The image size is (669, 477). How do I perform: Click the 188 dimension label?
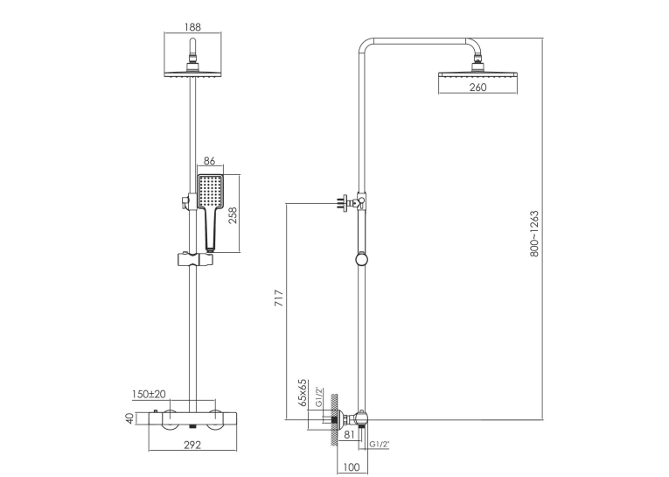click(x=192, y=27)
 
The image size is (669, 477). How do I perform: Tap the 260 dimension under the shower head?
click(x=477, y=88)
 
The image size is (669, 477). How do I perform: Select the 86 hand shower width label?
click(x=209, y=161)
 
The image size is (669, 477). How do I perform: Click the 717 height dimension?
click(x=279, y=298)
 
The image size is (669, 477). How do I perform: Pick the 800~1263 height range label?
click(x=534, y=234)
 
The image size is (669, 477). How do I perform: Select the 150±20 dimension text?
click(x=149, y=394)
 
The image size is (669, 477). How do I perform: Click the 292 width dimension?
click(x=192, y=445)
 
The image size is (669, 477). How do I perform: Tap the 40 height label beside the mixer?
click(x=130, y=417)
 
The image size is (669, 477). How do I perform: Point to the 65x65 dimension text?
click(x=303, y=392)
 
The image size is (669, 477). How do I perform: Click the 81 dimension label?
click(x=349, y=434)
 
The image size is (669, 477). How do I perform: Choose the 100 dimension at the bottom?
click(x=352, y=467)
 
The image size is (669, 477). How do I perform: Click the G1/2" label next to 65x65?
click(x=319, y=397)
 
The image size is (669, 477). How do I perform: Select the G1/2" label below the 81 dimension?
click(x=380, y=445)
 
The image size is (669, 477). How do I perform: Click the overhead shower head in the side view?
click(x=477, y=74)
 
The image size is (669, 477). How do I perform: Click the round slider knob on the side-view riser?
click(x=361, y=260)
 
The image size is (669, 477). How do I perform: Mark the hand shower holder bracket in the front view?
click(x=194, y=260)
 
